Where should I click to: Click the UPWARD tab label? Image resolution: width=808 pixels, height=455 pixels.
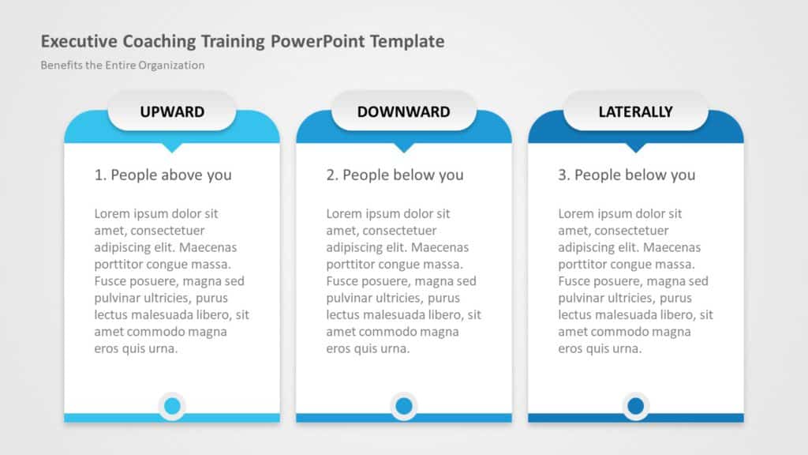pyautogui.click(x=172, y=111)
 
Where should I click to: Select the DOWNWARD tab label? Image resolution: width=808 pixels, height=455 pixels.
pyautogui.click(x=403, y=111)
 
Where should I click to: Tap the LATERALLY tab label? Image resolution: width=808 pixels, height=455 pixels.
pyautogui.click(x=635, y=111)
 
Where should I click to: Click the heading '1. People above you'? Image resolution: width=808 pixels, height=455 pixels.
pyautogui.click(x=163, y=175)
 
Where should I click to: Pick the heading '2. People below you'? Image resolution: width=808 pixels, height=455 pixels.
pyautogui.click(x=395, y=175)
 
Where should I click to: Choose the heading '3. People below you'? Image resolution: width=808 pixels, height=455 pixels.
pyautogui.click(x=627, y=175)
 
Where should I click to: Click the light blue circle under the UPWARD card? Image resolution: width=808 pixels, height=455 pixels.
pyautogui.click(x=172, y=407)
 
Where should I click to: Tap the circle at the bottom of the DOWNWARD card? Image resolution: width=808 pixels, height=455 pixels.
pyautogui.click(x=404, y=407)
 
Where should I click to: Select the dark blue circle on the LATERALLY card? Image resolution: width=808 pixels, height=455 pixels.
pyautogui.click(x=635, y=407)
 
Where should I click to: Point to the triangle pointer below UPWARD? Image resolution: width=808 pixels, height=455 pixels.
pyautogui.click(x=172, y=147)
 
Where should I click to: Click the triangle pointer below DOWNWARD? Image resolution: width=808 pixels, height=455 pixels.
pyautogui.click(x=404, y=147)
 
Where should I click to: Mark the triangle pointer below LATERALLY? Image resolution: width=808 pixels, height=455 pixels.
pyautogui.click(x=635, y=147)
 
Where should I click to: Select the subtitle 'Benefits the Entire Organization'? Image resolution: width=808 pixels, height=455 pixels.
pyautogui.click(x=122, y=66)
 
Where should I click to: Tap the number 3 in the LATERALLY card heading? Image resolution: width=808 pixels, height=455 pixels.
pyautogui.click(x=563, y=175)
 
